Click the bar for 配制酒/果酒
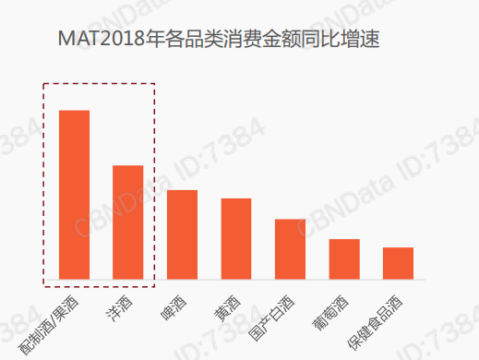click(x=74, y=195)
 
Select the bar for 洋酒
click(x=128, y=222)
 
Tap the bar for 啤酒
click(x=182, y=234)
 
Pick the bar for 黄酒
click(x=236, y=239)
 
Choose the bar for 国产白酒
click(x=290, y=249)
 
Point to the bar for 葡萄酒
click(x=344, y=259)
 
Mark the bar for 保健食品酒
click(x=398, y=263)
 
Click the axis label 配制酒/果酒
click(x=48, y=325)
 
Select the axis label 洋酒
click(x=119, y=308)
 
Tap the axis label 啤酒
click(x=174, y=307)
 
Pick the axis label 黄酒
click(x=227, y=308)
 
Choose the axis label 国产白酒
click(x=271, y=318)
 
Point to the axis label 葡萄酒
click(x=330, y=313)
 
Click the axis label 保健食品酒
click(x=375, y=322)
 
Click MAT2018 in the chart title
click(x=102, y=39)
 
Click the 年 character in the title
click(x=155, y=39)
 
